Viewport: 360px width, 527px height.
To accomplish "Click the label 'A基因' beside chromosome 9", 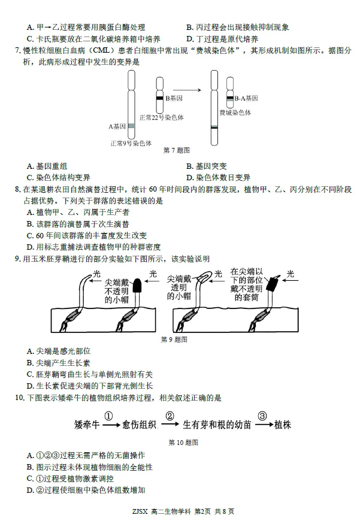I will click(x=117, y=126).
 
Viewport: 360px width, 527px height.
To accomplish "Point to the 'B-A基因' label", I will click(x=246, y=98).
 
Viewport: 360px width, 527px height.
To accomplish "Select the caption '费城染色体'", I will click(x=235, y=112).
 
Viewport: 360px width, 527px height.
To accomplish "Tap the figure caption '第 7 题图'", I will click(x=176, y=152).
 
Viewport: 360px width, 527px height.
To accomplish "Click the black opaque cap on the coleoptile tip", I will click(x=138, y=285).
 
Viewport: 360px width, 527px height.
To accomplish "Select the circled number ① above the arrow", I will click(x=108, y=416).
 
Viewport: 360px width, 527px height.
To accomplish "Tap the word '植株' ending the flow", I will click(x=283, y=425).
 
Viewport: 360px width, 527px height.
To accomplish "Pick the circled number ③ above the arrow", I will click(x=262, y=416).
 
